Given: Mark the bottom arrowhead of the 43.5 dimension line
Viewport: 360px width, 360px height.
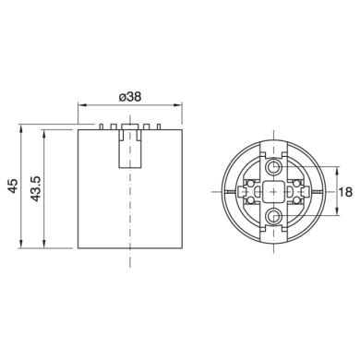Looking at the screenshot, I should point(42,246).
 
